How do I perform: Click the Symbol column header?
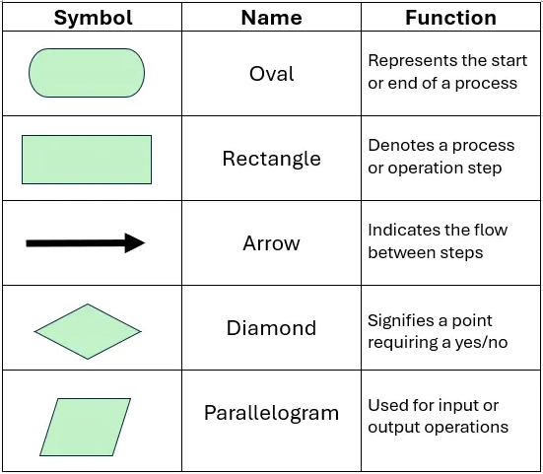coord(92,18)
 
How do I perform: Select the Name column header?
coord(271,18)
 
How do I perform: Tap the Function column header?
coord(450,18)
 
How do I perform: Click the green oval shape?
coord(87,74)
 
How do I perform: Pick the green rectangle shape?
coord(87,160)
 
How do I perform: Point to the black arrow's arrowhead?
coord(135,243)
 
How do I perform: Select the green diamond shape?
coord(88,331)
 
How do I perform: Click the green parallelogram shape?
coord(86,427)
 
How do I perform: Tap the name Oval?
coord(271,74)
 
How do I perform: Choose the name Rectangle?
coord(271,159)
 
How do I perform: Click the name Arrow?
coord(271,243)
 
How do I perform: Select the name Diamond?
coord(271,328)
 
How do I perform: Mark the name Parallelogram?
coord(271,413)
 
